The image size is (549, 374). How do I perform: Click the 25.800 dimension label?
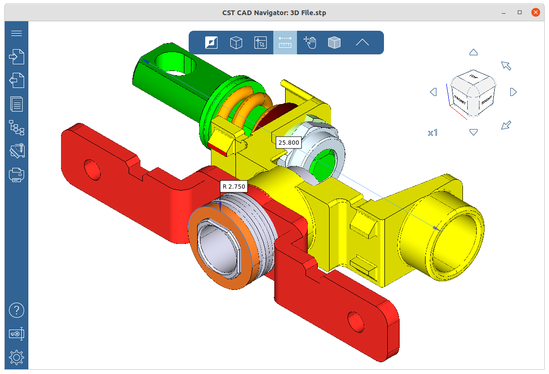point(288,142)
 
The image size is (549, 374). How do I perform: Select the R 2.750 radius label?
point(234,186)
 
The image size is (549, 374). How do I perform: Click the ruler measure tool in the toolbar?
point(285,43)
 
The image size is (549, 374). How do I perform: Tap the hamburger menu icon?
point(17,33)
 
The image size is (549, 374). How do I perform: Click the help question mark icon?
point(17,311)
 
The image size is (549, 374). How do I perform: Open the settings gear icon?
point(17,357)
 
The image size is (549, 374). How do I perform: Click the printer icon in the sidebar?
point(17,175)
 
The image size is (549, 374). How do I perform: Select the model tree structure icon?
point(17,128)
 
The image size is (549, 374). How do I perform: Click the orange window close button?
point(535,12)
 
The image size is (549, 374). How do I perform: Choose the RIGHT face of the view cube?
point(487,100)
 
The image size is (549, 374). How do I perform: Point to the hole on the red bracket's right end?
point(356,321)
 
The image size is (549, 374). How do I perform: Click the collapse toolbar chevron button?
point(362,43)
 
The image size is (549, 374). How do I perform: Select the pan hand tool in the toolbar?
point(310,43)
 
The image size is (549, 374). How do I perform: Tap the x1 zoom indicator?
point(433,133)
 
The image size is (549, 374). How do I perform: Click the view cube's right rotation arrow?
point(514,92)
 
